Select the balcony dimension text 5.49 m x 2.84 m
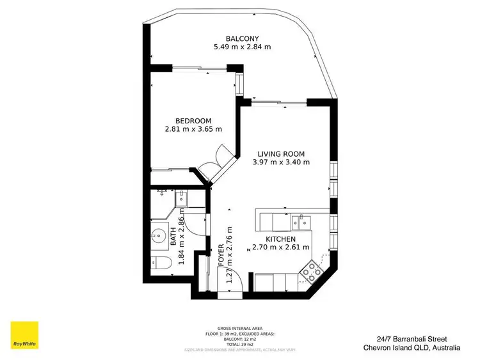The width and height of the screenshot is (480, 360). tap(242, 47)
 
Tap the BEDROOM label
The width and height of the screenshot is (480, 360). tap(193, 120)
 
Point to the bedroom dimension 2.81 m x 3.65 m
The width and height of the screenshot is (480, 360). tap(193, 129)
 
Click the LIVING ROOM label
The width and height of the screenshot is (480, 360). tap(281, 153)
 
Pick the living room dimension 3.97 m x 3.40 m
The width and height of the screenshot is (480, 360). tap(281, 162)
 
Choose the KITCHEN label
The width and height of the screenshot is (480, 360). tap(281, 239)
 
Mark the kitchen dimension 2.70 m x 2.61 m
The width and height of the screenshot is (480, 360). tap(281, 247)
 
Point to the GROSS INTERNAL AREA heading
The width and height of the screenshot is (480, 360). tap(240, 327)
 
